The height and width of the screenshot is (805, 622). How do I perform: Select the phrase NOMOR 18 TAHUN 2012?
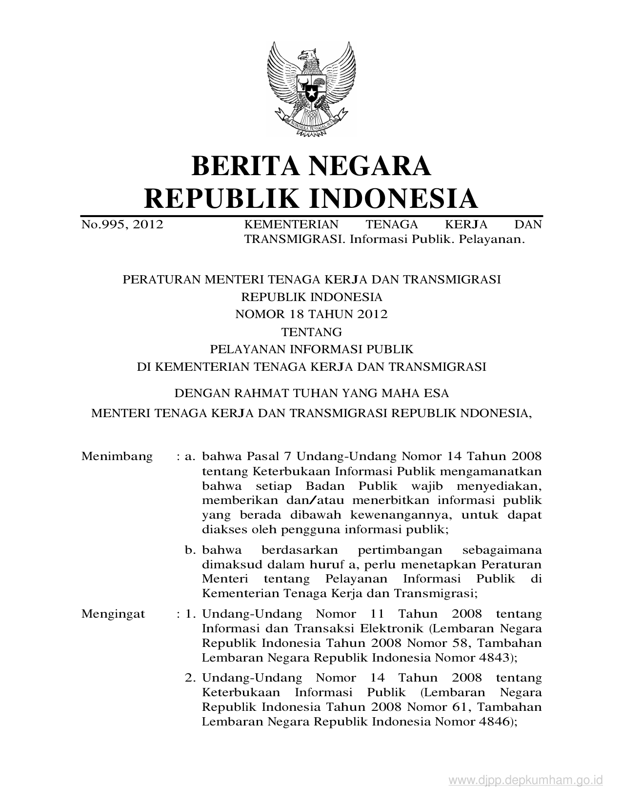pyautogui.click(x=311, y=314)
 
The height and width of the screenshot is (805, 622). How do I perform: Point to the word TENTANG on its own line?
pyautogui.click(x=311, y=332)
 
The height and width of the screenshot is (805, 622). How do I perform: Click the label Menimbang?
pyautogui.click(x=117, y=457)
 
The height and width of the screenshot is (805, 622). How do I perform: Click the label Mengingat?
pyautogui.click(x=113, y=614)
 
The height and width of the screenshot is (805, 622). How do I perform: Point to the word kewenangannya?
pyautogui.click(x=398, y=515)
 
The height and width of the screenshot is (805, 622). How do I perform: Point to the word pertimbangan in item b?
pyautogui.click(x=400, y=550)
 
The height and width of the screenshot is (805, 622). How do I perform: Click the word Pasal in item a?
pyautogui.click(x=264, y=457)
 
